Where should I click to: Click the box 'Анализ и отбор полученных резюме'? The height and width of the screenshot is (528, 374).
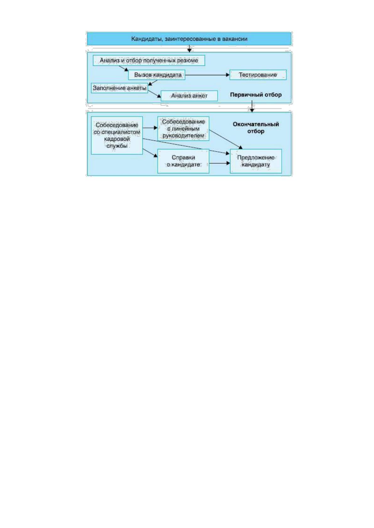coord(149,61)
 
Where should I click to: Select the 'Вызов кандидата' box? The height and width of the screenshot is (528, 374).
coord(157,75)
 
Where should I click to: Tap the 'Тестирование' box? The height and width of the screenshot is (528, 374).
coord(258,75)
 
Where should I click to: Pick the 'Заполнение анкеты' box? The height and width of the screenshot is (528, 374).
coord(119,88)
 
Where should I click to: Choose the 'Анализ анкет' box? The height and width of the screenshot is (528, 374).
coord(189,96)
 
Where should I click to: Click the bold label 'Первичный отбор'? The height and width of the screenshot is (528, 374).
coord(256,95)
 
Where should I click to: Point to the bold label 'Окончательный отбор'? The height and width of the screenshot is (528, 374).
coord(256,128)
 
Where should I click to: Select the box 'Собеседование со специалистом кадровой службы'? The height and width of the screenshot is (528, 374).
coord(117,135)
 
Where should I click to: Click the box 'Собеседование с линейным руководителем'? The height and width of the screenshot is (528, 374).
coord(183,129)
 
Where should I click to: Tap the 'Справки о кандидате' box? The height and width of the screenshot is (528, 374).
coord(183,161)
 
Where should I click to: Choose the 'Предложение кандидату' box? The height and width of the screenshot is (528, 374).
coord(256,161)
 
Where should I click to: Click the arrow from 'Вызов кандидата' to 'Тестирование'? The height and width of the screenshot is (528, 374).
coord(207,75)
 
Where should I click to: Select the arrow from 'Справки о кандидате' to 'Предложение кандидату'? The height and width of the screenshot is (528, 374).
coord(220,163)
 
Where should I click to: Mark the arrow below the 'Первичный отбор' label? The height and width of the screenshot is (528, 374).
coord(252,106)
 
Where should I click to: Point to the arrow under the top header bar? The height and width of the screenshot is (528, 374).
coord(189,49)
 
